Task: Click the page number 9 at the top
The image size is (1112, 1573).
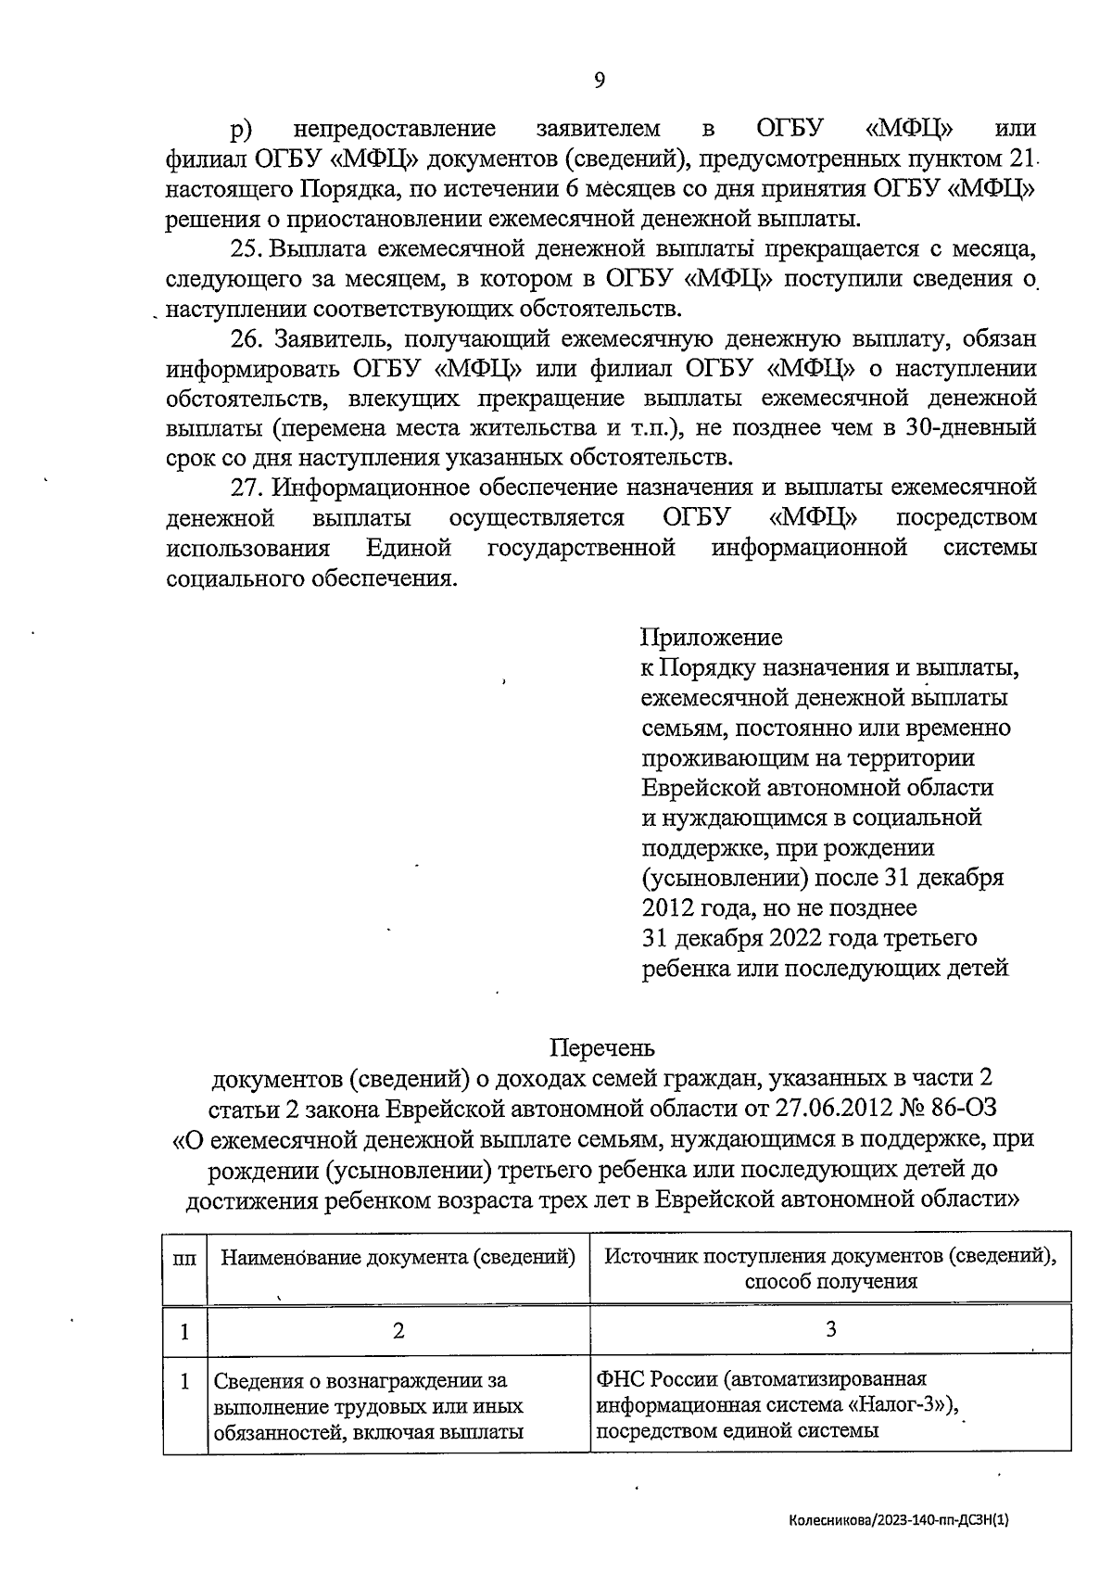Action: pyautogui.click(x=599, y=80)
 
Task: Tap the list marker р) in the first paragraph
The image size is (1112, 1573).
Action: pyautogui.click(x=242, y=129)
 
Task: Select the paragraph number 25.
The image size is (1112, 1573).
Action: pyautogui.click(x=246, y=249)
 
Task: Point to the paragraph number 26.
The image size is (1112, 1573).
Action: pyautogui.click(x=247, y=339)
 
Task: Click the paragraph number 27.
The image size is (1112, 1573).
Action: pyautogui.click(x=247, y=488)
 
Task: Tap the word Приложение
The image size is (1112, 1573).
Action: pyautogui.click(x=711, y=638)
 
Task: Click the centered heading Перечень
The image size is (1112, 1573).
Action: pyautogui.click(x=602, y=1047)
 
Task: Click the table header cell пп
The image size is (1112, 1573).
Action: pyautogui.click(x=185, y=1259)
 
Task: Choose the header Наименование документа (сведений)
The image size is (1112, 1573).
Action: pyautogui.click(x=398, y=1258)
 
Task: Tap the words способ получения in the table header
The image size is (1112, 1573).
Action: pyautogui.click(x=830, y=1282)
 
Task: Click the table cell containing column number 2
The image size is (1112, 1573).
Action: pyautogui.click(x=398, y=1331)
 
